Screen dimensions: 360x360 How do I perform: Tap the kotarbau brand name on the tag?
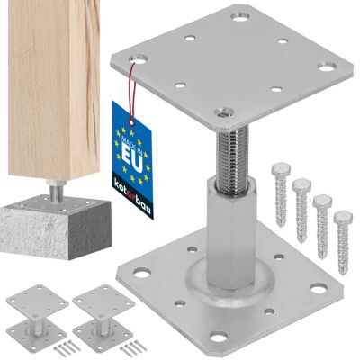133,196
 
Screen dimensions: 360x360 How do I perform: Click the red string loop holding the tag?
132,92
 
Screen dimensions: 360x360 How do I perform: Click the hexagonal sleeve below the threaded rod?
231,231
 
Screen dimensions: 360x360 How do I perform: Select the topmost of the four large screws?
280,193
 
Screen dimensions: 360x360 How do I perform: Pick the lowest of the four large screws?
343,242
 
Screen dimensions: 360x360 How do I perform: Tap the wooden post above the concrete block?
54,89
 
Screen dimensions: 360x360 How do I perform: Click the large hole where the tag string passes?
137,58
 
